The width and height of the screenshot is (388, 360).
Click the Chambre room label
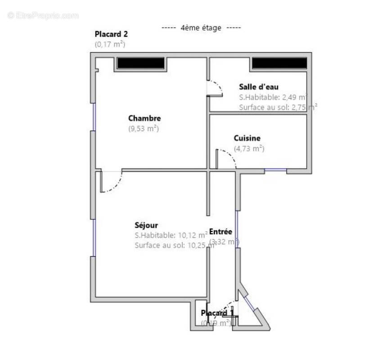point(144,118)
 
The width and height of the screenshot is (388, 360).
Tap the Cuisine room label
point(247,139)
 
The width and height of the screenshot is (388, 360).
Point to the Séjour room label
point(146,225)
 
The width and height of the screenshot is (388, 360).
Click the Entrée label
point(221,232)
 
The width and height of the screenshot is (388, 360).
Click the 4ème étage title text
point(201,28)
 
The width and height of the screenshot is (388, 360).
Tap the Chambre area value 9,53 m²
point(144,129)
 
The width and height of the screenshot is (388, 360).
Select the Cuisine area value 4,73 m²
point(249,148)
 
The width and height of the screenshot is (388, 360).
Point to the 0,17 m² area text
point(110,44)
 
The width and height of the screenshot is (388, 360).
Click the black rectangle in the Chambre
point(141,63)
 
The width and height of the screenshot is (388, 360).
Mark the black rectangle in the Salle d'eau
point(279,63)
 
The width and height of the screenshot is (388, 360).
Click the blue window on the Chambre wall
point(94,117)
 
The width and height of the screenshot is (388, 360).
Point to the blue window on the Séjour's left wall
point(94,238)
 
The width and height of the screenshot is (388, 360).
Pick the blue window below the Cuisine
point(275,170)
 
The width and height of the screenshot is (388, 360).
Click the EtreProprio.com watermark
point(43,15)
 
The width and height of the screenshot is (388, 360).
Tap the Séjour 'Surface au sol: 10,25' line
point(171,245)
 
